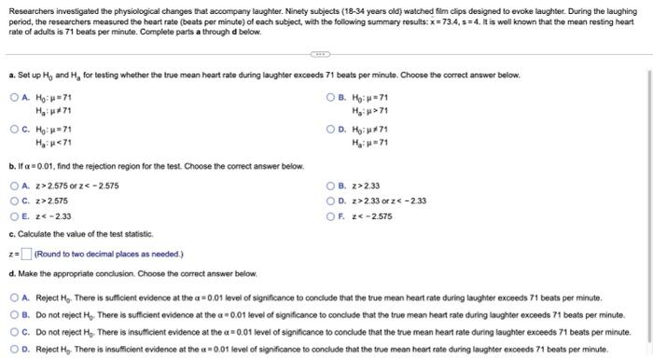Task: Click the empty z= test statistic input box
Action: (25, 254)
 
